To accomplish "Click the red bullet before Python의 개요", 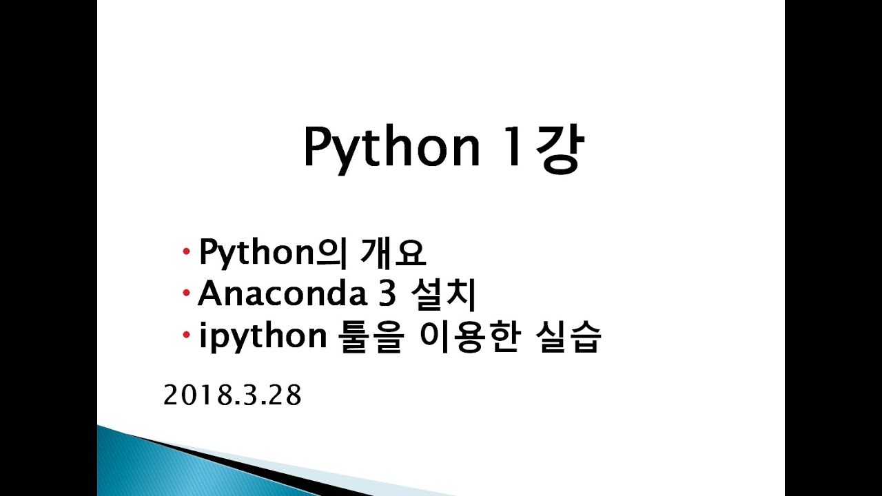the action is (187, 251).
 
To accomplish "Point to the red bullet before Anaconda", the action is (187, 293).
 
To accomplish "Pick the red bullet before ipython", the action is (187, 335).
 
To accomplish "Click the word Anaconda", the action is (283, 293).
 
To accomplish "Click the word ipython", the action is (263, 337).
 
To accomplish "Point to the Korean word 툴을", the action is (371, 337).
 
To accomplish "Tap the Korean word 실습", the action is (568, 337).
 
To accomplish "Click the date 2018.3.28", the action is (232, 395).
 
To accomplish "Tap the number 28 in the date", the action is (287, 395).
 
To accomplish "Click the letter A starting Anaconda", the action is (211, 293).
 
